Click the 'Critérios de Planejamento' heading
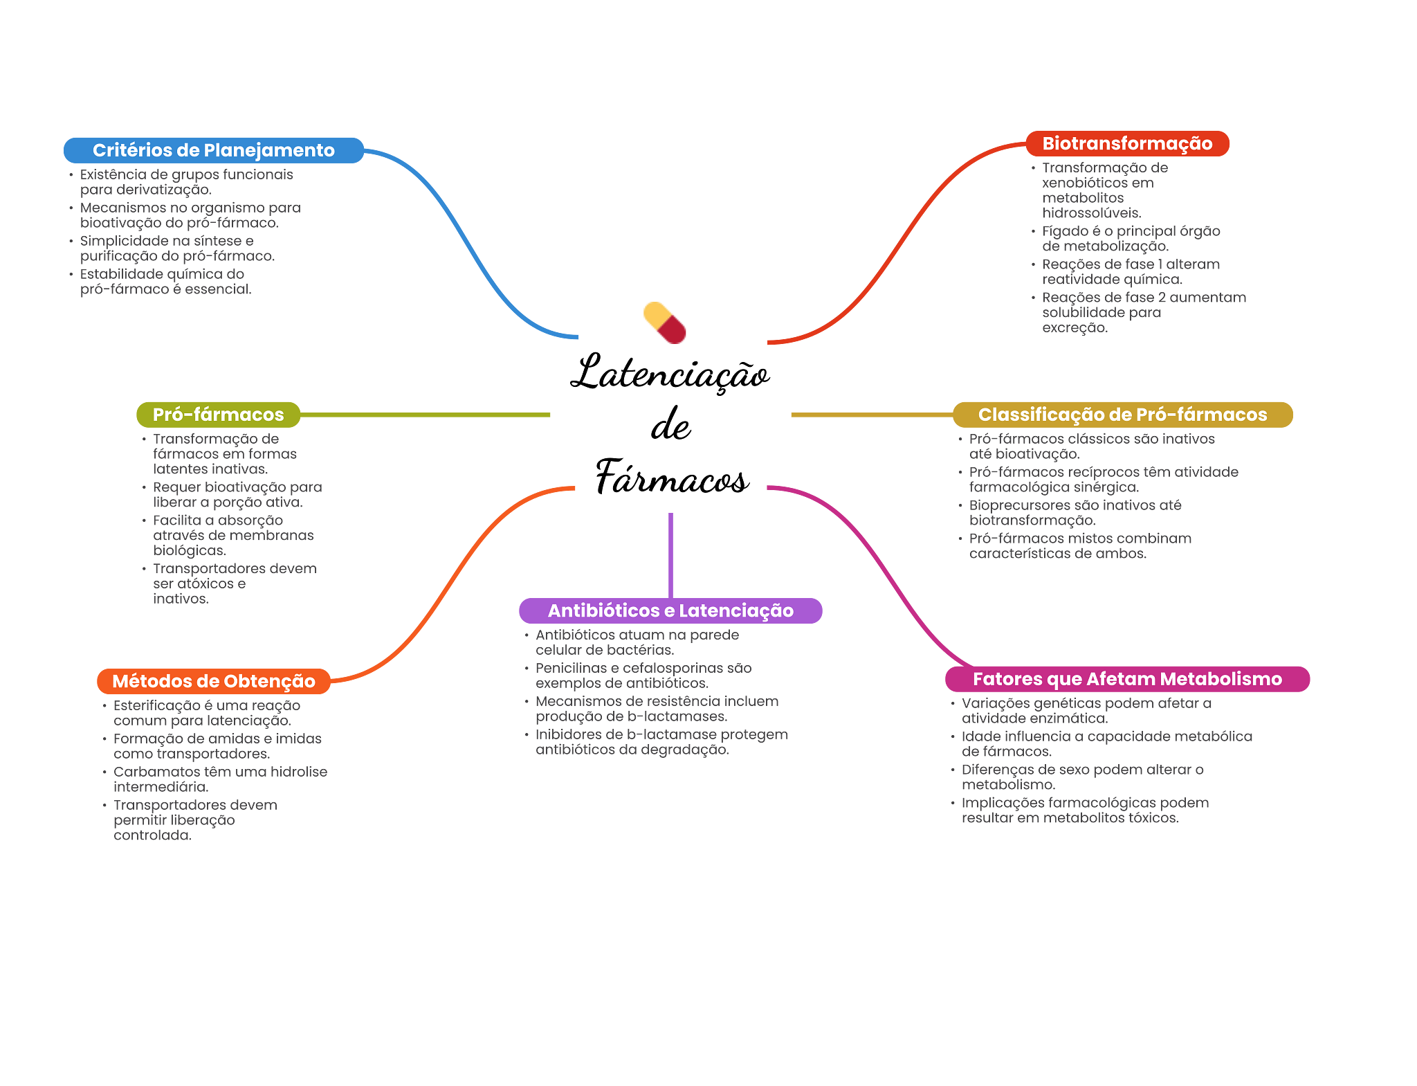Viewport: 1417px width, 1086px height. point(213,150)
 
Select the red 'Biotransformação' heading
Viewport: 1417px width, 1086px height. point(1127,143)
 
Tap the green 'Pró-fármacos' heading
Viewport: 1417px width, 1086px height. point(218,415)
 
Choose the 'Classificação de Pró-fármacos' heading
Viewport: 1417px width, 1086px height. point(1122,415)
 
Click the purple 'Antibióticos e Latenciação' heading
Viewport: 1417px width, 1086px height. point(670,610)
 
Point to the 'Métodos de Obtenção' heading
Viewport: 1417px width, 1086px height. point(213,681)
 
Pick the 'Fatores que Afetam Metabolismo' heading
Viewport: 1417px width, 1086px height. point(1127,679)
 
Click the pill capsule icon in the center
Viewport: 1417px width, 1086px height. point(665,323)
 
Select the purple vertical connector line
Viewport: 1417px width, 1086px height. point(670,554)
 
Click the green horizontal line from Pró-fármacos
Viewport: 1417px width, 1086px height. point(426,415)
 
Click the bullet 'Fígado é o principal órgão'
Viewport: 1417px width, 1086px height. point(1131,239)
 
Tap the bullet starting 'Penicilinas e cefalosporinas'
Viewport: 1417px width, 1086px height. point(643,676)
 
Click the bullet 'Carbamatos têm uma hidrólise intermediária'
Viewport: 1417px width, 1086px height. point(220,779)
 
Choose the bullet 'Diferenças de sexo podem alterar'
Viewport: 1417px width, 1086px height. point(1082,777)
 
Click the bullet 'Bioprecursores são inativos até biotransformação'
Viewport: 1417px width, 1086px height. point(1075,513)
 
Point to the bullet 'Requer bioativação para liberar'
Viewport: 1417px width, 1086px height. point(237,495)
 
